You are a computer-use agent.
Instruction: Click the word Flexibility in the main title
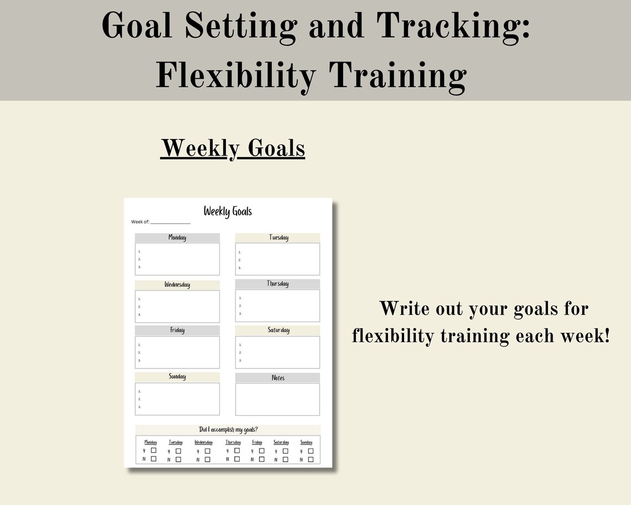[237, 75]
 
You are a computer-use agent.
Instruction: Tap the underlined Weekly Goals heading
[232, 148]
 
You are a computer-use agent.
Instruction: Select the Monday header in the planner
[177, 238]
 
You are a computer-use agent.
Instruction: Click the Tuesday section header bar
[278, 238]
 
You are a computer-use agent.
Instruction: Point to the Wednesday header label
[177, 285]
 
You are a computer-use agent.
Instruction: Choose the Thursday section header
[278, 284]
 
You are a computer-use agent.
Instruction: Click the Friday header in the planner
[177, 330]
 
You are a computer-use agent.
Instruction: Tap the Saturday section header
[278, 330]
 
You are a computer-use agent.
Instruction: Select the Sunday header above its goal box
[177, 377]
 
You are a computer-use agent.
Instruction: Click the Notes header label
[278, 378]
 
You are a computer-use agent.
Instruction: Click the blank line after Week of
[170, 222]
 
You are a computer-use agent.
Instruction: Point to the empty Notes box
[277, 399]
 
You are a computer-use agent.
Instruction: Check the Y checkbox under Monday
[154, 450]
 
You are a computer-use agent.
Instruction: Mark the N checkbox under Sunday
[311, 459]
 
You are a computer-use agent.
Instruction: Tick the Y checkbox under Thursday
[237, 450]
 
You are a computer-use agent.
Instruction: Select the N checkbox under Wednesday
[208, 459]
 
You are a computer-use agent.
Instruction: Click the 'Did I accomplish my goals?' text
[227, 430]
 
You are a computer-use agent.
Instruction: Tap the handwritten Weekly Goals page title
[227, 211]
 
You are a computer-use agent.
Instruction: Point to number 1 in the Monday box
[139, 251]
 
